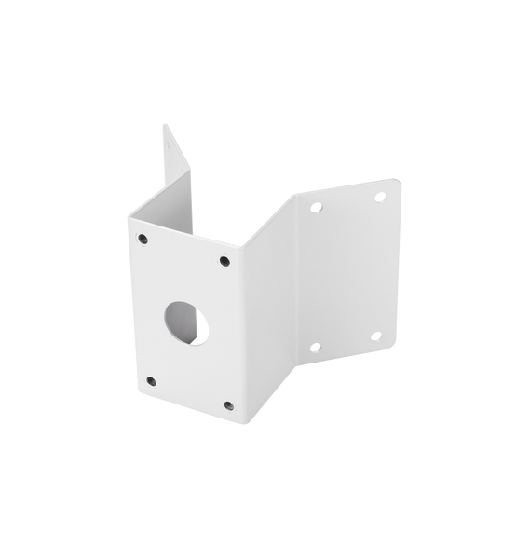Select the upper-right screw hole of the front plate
point(224,262)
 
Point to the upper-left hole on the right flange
point(316,207)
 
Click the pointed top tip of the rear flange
point(165,127)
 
